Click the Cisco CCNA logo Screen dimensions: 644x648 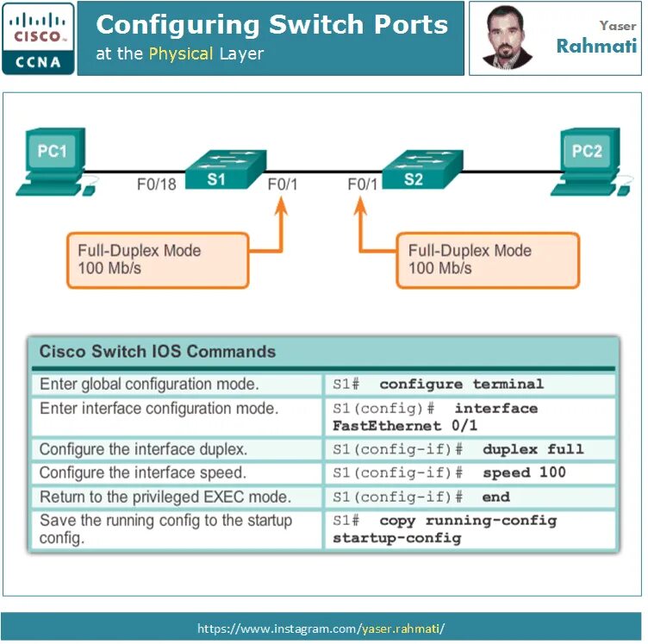coord(38,38)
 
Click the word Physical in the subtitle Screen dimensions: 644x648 coord(181,54)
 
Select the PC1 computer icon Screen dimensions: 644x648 coord(53,163)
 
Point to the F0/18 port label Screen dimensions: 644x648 coord(157,184)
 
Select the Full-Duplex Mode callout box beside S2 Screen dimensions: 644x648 coord(486,259)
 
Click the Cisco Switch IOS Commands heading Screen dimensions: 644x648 coord(158,352)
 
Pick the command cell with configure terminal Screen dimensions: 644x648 coord(470,385)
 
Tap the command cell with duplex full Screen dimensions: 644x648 coord(470,449)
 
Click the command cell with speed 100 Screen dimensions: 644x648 coord(470,473)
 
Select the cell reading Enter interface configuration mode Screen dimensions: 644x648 coord(159,409)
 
